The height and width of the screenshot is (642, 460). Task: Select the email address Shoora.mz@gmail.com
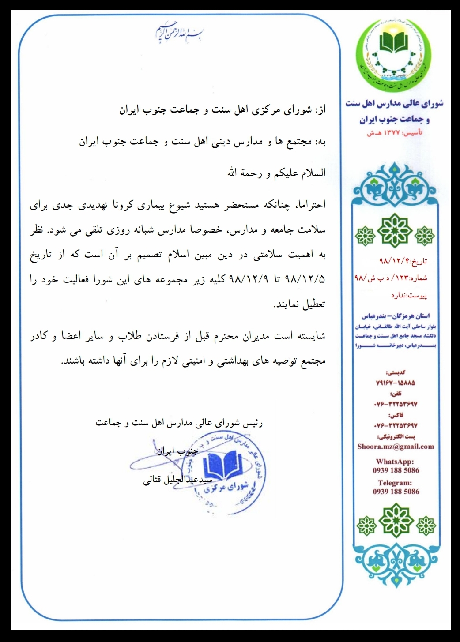tap(396, 446)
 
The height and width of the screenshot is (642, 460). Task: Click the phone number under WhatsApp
tap(396, 470)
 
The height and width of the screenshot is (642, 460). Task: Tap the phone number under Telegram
tap(396, 492)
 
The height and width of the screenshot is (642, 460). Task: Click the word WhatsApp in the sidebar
tap(396, 462)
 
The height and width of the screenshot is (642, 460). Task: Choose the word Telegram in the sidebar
tap(396, 483)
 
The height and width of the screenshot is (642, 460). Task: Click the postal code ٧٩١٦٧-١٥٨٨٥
tap(396, 383)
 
